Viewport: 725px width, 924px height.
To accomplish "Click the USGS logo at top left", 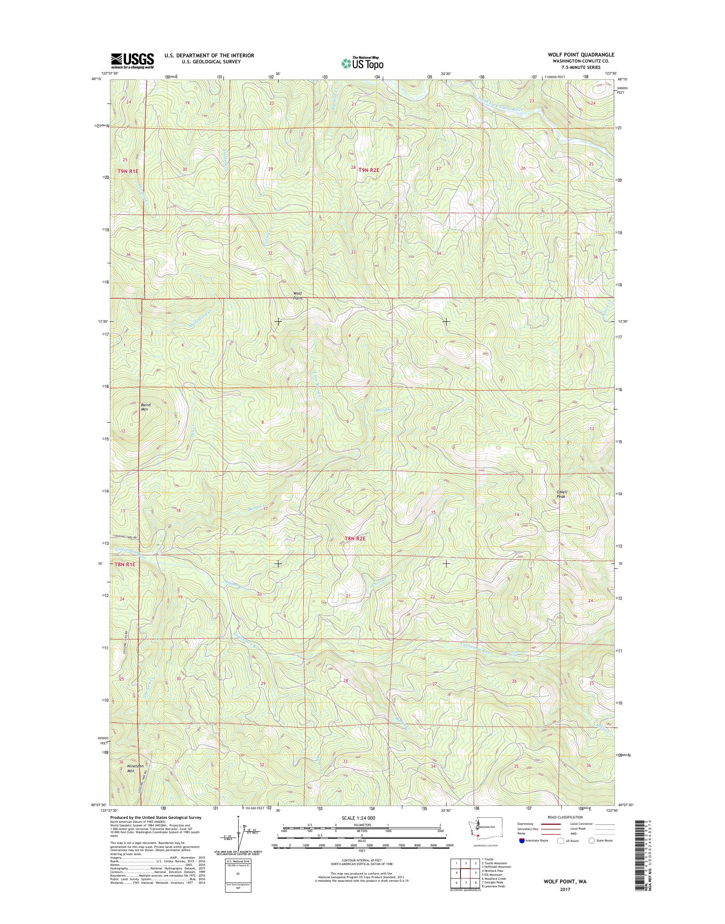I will [132, 61].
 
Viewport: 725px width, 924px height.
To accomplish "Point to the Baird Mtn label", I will [145, 407].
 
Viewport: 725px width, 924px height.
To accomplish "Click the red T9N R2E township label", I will [368, 170].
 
